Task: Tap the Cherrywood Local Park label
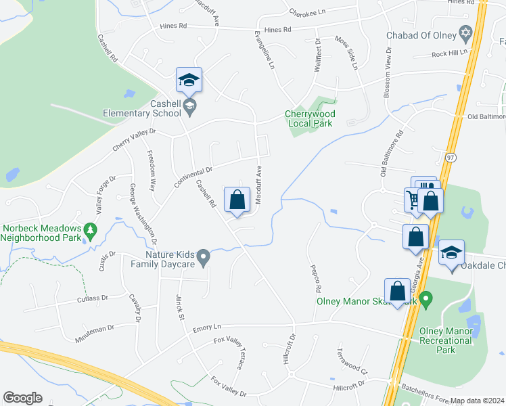coord(310,118)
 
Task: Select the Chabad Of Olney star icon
coord(465,33)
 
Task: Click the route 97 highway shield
coord(451,157)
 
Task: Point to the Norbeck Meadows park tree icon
coord(89,231)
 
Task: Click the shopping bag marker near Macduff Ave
coord(237,200)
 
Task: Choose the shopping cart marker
coord(413,199)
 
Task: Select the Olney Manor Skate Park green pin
coord(425,298)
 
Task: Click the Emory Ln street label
coord(207,328)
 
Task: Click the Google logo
coord(22,398)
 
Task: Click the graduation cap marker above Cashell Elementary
coord(189,81)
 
